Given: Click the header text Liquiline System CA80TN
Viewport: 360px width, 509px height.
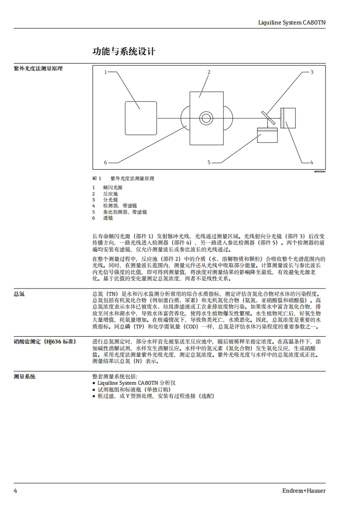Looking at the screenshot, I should pyautogui.click(x=291, y=22).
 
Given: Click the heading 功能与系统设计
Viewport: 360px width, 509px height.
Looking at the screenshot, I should pyautogui.click(x=123, y=51).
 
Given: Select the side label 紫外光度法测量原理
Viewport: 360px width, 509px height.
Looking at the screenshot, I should pyautogui.click(x=38, y=69).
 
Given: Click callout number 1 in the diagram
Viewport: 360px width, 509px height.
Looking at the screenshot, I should pyautogui.click(x=105, y=72).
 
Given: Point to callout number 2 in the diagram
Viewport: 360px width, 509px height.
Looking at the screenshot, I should pyautogui.click(x=209, y=72).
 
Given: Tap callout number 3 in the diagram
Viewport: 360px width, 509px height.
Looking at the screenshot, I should pyautogui.click(x=312, y=72).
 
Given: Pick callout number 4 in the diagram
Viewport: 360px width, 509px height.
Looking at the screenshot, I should pyautogui.click(x=312, y=162).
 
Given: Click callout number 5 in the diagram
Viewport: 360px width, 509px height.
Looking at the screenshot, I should pyautogui.click(x=209, y=162).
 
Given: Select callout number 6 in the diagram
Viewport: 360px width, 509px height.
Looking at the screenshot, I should pyautogui.click(x=105, y=162).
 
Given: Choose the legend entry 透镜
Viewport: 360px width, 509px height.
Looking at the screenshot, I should pyautogui.click(x=108, y=218).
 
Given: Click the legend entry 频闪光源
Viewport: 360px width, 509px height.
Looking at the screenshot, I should pyautogui.click(x=113, y=187).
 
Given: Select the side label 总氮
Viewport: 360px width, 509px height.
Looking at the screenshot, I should pyautogui.click(x=19, y=294).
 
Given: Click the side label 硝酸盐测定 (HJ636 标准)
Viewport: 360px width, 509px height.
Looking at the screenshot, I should pyautogui.click(x=44, y=342).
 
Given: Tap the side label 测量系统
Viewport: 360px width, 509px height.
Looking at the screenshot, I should pyautogui.click(x=25, y=377).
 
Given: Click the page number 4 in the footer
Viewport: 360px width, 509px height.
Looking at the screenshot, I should pyautogui.click(x=15, y=490).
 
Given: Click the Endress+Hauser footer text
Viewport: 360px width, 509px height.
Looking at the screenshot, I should pyautogui.click(x=304, y=490).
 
